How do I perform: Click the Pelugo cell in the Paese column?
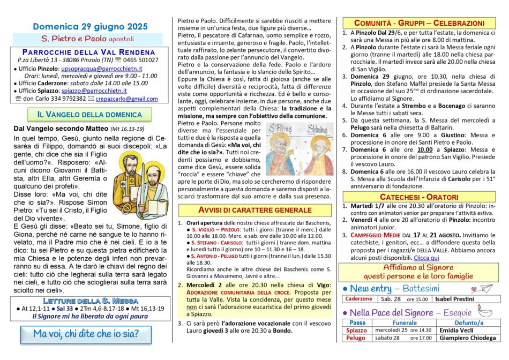point(356,338)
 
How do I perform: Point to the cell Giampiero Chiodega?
point(468,338)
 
